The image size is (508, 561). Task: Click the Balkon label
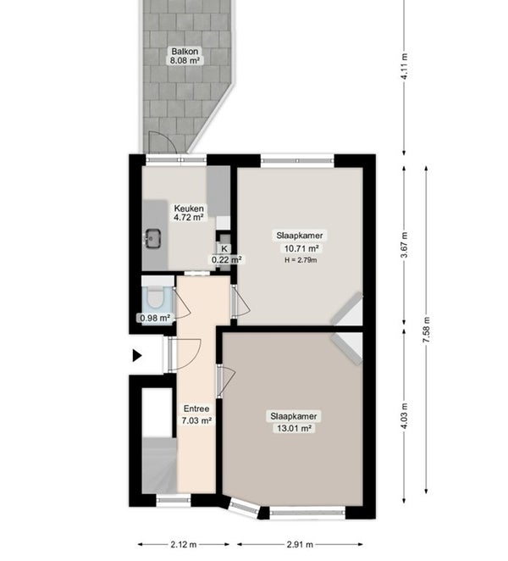click(185, 51)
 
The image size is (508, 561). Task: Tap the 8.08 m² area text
click(185, 60)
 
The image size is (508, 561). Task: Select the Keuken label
click(189, 208)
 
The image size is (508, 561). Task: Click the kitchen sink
click(153, 239)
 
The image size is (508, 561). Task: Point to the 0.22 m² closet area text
click(226, 259)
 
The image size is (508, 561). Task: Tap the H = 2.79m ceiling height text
click(301, 260)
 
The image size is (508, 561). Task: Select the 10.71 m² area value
click(301, 248)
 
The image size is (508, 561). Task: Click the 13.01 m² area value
click(294, 428)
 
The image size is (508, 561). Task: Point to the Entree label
click(196, 408)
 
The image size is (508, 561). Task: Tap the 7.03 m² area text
click(196, 420)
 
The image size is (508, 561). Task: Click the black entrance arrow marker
click(137, 356)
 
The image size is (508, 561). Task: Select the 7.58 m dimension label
click(426, 330)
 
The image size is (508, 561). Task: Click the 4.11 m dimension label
click(405, 67)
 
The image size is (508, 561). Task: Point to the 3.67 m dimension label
click(405, 245)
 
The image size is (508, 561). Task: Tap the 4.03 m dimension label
click(405, 416)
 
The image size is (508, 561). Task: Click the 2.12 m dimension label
click(184, 545)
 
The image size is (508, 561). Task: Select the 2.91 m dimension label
click(300, 545)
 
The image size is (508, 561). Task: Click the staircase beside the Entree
click(159, 465)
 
